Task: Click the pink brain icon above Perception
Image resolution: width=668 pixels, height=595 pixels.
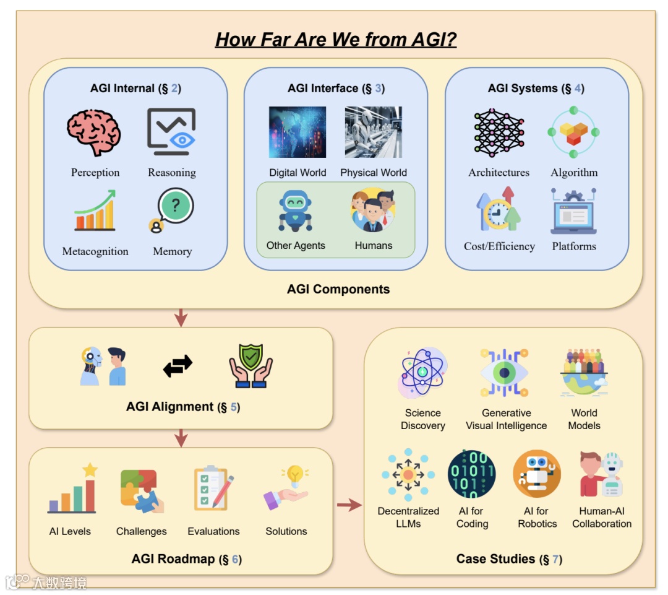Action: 94,132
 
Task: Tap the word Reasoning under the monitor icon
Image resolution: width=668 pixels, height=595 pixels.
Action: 172,173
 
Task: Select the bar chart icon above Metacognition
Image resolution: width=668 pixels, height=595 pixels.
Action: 95,211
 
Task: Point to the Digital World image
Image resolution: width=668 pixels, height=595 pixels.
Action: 298,132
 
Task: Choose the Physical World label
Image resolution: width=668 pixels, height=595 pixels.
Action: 374,173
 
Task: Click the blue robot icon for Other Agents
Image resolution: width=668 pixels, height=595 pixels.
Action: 295,211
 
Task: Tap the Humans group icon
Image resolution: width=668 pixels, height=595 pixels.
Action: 373,211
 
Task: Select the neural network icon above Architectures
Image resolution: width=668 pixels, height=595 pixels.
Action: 499,132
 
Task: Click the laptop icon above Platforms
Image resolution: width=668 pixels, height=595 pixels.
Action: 574,211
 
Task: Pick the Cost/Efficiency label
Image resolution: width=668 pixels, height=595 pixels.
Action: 499,246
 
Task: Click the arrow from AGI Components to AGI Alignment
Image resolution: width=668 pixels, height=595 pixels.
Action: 181,317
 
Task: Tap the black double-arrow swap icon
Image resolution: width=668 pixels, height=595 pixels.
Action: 178,367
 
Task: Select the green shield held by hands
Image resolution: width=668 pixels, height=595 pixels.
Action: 250,366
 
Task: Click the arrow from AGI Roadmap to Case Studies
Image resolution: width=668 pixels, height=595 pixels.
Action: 349,506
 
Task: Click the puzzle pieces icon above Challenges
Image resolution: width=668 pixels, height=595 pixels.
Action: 142,491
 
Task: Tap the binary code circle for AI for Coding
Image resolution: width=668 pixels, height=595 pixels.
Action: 471,474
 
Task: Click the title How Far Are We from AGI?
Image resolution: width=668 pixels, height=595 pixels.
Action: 336,40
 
